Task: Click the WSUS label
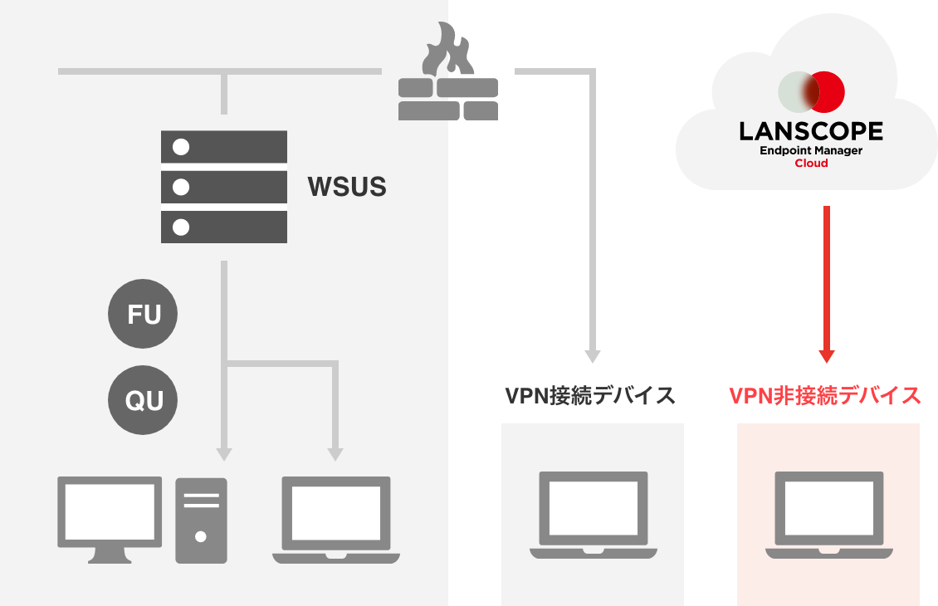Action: click(347, 187)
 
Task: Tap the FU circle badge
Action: click(144, 315)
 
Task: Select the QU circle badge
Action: click(144, 401)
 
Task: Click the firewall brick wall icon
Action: click(448, 99)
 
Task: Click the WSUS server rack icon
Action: click(224, 187)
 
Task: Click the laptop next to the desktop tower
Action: click(336, 520)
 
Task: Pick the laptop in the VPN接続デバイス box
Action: click(593, 515)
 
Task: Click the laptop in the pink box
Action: click(828, 515)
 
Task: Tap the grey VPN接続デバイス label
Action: click(591, 396)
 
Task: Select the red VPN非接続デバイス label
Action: click(825, 396)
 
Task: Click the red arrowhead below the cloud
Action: click(826, 356)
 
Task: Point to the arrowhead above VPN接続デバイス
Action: click(592, 356)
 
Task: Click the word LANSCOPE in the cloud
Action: click(811, 131)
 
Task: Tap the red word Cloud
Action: click(811, 164)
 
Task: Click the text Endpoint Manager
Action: click(811, 150)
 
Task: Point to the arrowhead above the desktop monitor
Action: click(223, 453)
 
